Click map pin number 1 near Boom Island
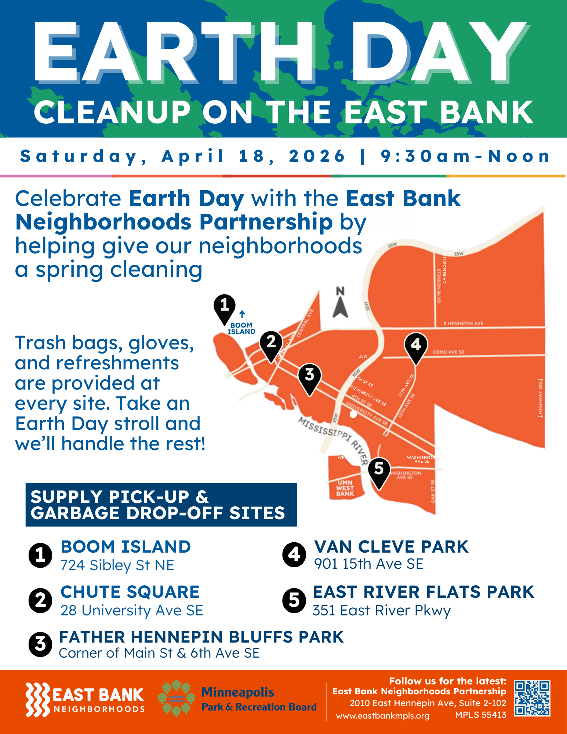(x=224, y=307)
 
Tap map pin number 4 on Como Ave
(x=415, y=346)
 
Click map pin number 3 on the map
(x=309, y=376)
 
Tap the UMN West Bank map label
(x=345, y=488)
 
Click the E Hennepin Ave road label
(x=463, y=323)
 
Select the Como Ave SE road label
(x=448, y=352)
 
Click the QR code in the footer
(x=532, y=698)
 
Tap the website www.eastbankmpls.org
(x=382, y=716)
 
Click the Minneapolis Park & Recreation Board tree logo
(x=176, y=698)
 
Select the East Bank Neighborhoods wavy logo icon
(x=37, y=699)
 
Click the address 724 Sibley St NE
(x=117, y=565)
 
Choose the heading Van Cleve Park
(x=391, y=547)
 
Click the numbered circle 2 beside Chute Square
(x=40, y=601)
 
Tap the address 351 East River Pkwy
(x=381, y=610)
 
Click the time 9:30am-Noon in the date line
(x=465, y=156)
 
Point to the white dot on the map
(x=353, y=414)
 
